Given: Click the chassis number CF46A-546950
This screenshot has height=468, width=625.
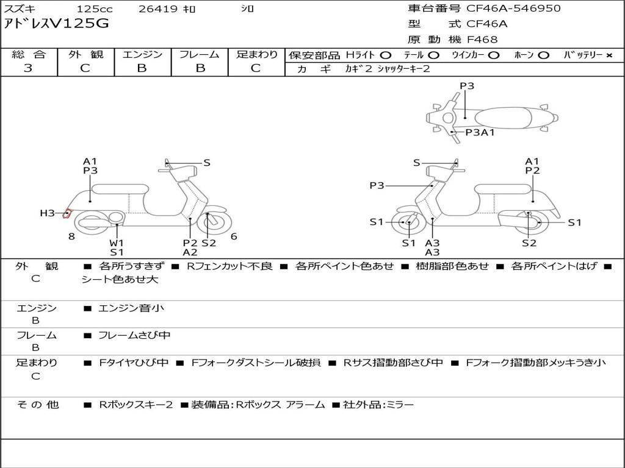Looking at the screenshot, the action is click(513, 9).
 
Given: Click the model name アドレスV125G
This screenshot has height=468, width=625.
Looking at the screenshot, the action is click(56, 24).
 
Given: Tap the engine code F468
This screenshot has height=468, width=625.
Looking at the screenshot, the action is click(482, 40).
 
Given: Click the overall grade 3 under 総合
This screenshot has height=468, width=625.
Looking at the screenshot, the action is click(28, 68).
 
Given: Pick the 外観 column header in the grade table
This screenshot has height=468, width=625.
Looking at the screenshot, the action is click(85, 54).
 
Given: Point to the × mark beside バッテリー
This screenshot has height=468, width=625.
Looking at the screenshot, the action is click(609, 55).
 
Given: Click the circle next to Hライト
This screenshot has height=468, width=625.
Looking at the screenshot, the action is click(386, 55).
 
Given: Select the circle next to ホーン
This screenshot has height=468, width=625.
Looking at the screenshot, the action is click(543, 55).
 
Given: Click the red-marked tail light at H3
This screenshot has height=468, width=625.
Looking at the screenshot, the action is click(67, 214).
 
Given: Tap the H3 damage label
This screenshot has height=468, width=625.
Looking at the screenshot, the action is click(47, 213).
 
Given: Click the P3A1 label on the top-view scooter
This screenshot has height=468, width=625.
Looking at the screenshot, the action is click(480, 132).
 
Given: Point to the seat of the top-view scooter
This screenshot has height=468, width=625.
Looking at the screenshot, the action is click(503, 118).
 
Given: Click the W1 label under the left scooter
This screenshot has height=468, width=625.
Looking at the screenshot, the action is click(117, 243).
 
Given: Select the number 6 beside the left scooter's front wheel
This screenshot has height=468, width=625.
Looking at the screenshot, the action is click(234, 236).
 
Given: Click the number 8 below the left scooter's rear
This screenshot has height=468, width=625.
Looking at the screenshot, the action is click(71, 236).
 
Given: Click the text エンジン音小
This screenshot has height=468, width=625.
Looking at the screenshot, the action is click(131, 308).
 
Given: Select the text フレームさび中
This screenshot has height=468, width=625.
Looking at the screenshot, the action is click(134, 336).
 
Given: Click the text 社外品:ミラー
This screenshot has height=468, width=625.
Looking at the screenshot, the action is click(378, 405).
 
